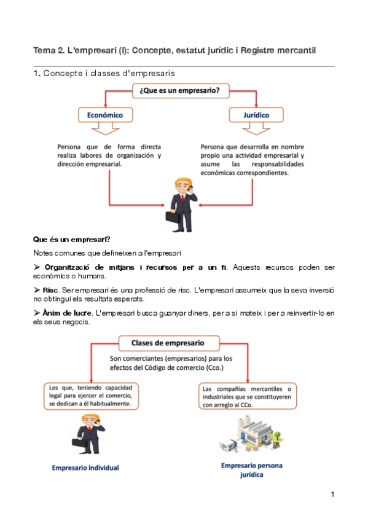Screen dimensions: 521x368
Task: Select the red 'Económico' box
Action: (104, 115)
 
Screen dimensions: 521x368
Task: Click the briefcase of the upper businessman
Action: (171, 216)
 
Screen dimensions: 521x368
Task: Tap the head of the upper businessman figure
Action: (182, 185)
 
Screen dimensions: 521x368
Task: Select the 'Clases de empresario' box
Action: (167, 343)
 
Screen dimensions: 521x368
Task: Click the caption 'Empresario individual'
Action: (86, 468)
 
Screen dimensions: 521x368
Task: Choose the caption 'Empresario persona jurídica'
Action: (251, 470)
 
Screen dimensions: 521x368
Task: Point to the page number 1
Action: (332, 495)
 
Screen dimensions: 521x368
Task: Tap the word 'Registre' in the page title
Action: (262, 50)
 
